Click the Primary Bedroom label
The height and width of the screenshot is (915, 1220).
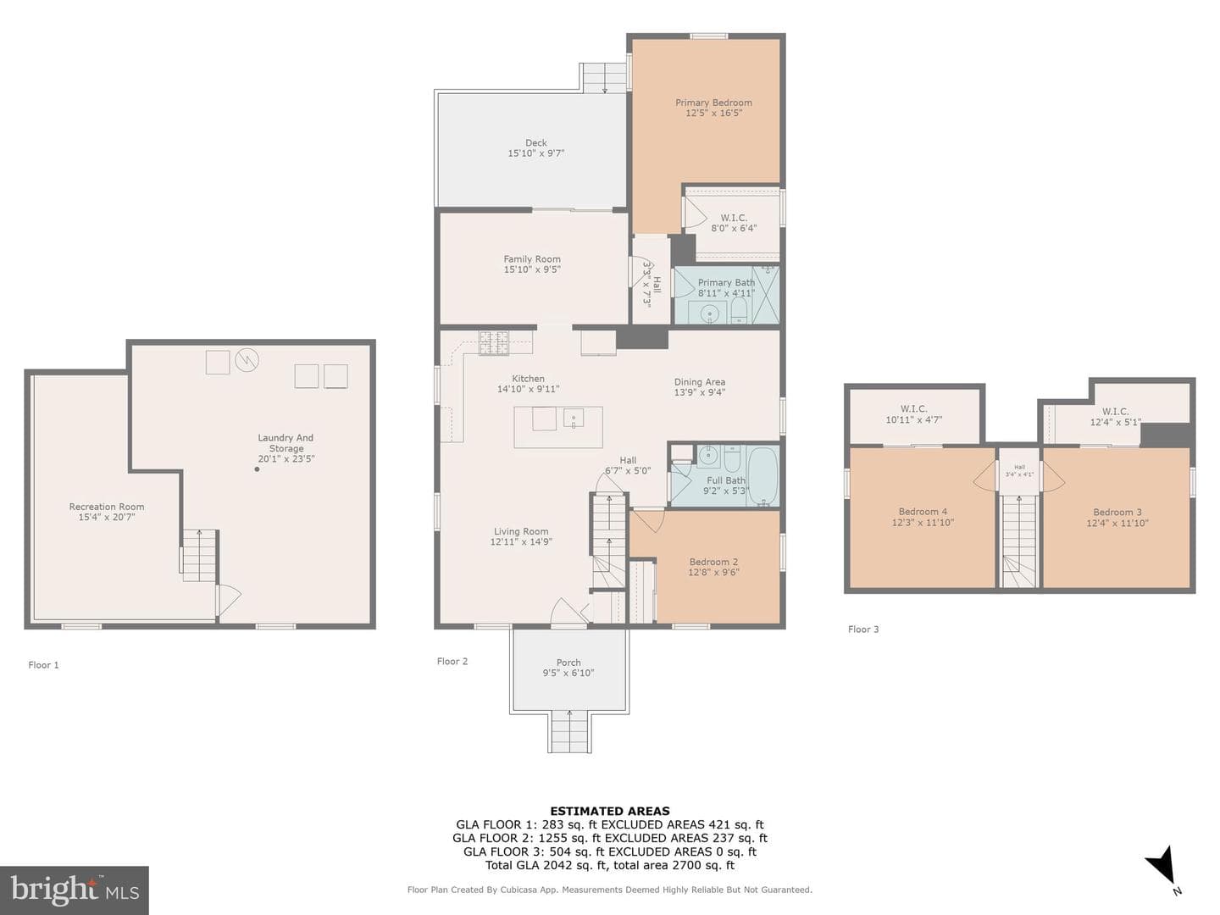click(713, 103)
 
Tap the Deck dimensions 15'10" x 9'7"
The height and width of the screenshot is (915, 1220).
click(535, 152)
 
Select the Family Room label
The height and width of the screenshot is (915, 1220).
click(532, 259)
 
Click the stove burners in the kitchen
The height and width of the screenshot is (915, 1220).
click(494, 342)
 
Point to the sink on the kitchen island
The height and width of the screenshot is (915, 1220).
click(573, 417)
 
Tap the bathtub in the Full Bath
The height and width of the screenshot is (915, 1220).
click(762, 476)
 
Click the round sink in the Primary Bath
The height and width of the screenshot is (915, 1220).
click(710, 313)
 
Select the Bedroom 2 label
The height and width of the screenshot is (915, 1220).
click(713, 562)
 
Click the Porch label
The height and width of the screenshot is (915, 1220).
click(568, 663)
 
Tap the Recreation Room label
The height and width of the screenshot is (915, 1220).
click(107, 507)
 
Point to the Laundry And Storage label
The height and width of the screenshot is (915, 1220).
click(286, 443)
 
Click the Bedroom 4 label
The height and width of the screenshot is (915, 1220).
click(923, 512)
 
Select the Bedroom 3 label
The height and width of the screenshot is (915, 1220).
click(1117, 513)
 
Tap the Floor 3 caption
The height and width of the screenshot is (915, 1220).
click(863, 629)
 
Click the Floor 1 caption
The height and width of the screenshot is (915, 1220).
click(43, 664)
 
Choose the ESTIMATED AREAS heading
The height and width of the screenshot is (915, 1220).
click(610, 811)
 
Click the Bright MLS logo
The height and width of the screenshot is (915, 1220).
click(74, 890)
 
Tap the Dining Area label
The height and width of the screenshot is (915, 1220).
click(699, 381)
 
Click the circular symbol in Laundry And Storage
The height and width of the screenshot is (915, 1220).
click(247, 360)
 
